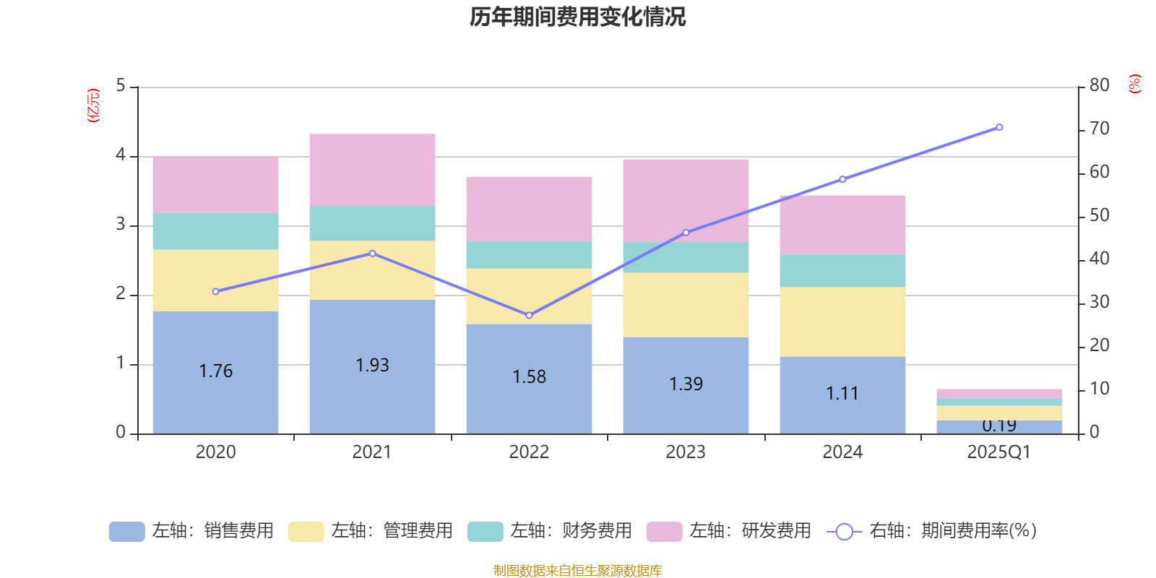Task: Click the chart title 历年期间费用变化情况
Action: [x=577, y=17]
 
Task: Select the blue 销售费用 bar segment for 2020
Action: [x=215, y=340]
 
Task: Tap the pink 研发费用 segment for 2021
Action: [x=372, y=170]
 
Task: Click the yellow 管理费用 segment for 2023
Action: [x=686, y=304]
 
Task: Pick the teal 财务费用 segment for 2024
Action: [x=842, y=271]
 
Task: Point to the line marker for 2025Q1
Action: [x=999, y=127]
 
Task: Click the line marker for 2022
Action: [x=529, y=315]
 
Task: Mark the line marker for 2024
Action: [x=842, y=179]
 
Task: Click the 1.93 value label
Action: [x=372, y=366]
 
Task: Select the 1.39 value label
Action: [x=686, y=384]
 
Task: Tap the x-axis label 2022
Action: [x=529, y=452]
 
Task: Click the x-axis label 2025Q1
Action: [x=999, y=452]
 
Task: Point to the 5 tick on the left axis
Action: [x=121, y=86]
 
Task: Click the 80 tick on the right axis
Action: [x=1099, y=85]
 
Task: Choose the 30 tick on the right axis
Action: [x=1099, y=302]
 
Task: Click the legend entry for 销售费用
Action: [x=191, y=531]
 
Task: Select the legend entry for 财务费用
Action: [x=550, y=531]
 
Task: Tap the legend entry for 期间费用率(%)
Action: [x=931, y=531]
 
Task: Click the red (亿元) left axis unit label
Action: [x=93, y=105]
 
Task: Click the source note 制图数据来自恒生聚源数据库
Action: [x=577, y=571]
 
